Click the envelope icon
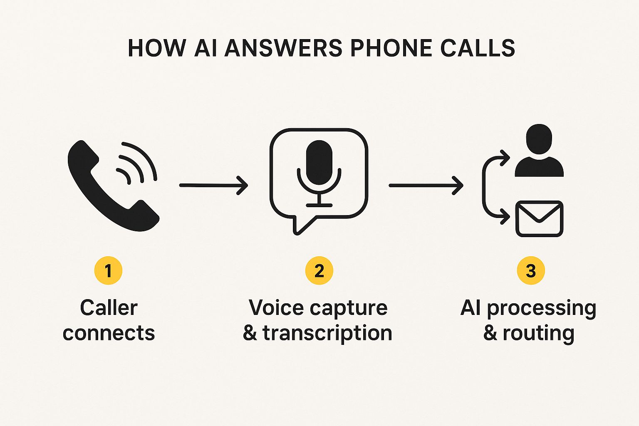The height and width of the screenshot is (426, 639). pyautogui.click(x=539, y=219)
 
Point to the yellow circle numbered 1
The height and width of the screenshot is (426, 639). pyautogui.click(x=108, y=271)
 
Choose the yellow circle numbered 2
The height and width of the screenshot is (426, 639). pyautogui.click(x=319, y=271)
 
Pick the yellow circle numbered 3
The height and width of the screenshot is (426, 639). pyautogui.click(x=530, y=271)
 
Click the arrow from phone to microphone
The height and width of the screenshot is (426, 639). pyautogui.click(x=213, y=185)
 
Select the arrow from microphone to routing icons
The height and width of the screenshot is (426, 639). pyautogui.click(x=426, y=185)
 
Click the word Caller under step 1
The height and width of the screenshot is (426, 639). pyautogui.click(x=109, y=308)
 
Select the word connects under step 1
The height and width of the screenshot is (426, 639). pyautogui.click(x=109, y=333)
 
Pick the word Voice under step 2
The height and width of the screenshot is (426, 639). pyautogui.click(x=275, y=308)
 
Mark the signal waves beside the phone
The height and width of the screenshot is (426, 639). pyautogui.click(x=135, y=164)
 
